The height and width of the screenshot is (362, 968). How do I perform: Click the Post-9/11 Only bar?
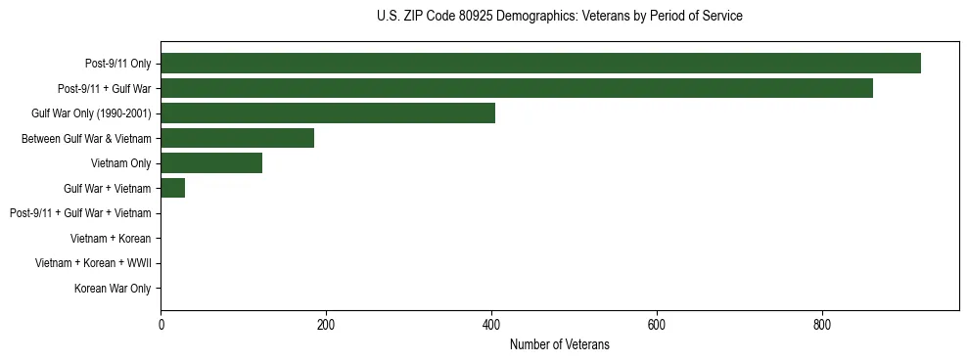(x=540, y=64)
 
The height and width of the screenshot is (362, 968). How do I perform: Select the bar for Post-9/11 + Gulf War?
(x=517, y=88)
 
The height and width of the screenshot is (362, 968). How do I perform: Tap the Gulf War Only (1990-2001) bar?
(x=328, y=113)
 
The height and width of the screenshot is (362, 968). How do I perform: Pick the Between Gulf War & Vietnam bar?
(x=238, y=138)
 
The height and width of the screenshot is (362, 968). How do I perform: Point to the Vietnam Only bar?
(x=211, y=162)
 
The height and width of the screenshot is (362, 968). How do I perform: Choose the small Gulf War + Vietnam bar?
(x=173, y=188)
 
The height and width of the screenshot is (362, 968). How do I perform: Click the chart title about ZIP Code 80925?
(x=559, y=17)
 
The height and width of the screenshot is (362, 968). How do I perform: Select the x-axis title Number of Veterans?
(x=559, y=344)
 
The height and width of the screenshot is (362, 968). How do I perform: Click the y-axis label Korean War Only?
(x=113, y=289)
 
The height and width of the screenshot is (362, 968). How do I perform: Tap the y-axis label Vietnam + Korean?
(x=111, y=238)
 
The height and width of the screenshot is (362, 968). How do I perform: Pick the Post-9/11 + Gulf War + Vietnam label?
(x=80, y=213)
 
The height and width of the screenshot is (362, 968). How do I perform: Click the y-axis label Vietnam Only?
(x=120, y=163)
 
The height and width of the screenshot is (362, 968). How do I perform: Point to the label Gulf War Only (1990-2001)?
(x=91, y=113)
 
